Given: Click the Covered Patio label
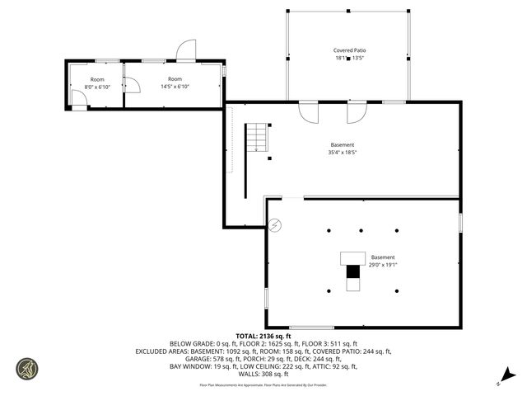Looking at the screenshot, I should click(x=348, y=50).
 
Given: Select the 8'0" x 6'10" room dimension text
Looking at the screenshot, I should click(x=97, y=87).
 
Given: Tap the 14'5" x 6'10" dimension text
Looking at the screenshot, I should click(x=175, y=87).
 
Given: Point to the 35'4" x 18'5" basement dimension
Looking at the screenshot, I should click(x=343, y=153).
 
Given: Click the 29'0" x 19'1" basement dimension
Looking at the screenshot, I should click(x=382, y=265).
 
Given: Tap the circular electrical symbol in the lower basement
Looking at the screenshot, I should click(x=275, y=224).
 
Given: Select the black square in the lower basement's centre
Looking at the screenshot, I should click(x=353, y=271).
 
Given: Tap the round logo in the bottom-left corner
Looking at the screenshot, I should click(x=26, y=368).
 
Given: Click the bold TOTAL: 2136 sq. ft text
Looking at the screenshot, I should click(x=263, y=336).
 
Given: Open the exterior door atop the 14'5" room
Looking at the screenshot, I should click(x=186, y=50).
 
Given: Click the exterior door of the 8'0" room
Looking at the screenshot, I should click(x=78, y=101).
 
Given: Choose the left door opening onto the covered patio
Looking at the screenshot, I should click(x=308, y=111).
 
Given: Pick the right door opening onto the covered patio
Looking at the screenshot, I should click(x=357, y=111).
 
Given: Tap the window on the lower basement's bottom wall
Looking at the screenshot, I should click(x=311, y=328).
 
